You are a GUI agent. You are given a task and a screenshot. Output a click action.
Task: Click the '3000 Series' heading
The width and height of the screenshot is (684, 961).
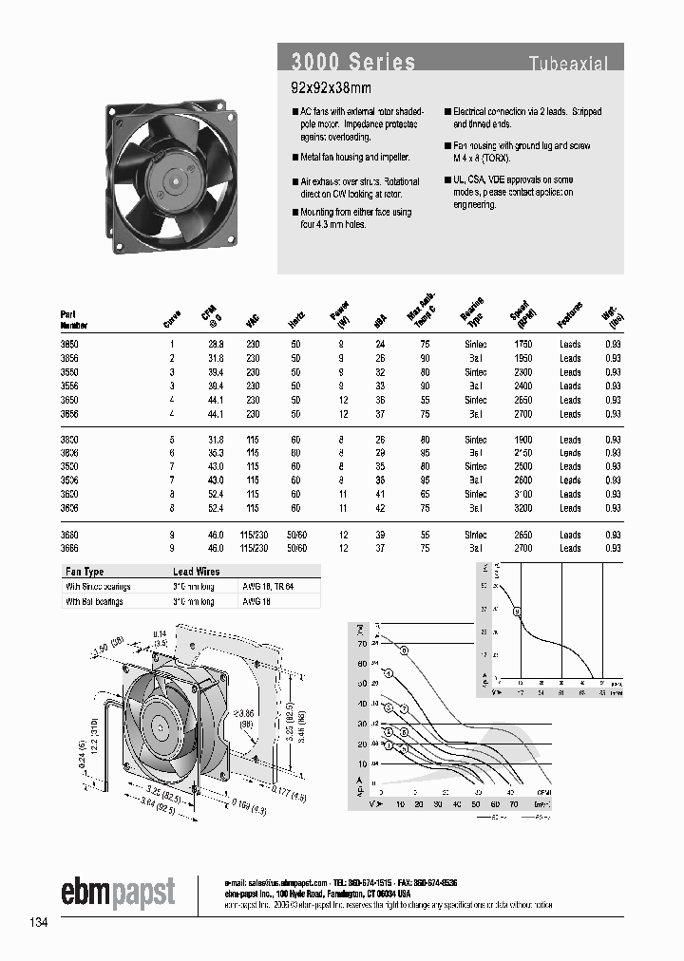click(x=352, y=63)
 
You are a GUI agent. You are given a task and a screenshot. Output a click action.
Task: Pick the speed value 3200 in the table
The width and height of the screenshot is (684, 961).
click(x=521, y=507)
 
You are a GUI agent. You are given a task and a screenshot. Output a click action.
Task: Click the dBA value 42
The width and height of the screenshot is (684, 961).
click(x=382, y=507)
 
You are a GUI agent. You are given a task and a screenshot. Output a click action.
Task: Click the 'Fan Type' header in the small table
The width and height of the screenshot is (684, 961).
click(x=84, y=572)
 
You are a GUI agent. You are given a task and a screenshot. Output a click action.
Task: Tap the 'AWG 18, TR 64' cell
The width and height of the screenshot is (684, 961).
click(x=267, y=587)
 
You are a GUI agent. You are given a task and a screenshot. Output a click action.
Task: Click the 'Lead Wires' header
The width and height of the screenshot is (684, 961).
click(x=196, y=572)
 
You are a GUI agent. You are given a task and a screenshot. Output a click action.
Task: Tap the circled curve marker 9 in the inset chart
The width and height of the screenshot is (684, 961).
click(x=518, y=612)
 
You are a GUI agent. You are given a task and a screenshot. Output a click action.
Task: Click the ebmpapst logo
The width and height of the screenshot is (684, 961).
click(x=118, y=893)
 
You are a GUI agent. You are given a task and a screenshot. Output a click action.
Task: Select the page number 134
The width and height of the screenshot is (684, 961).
click(x=39, y=922)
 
